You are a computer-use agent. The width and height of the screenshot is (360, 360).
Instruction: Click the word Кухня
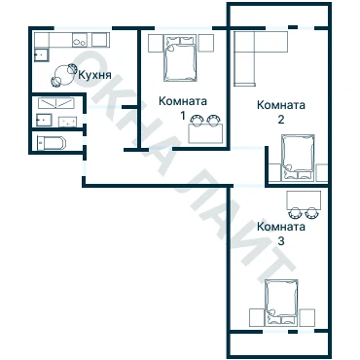point(94,75)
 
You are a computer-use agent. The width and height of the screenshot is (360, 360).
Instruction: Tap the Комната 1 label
point(183,107)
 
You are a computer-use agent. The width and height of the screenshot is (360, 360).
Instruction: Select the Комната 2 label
point(281,112)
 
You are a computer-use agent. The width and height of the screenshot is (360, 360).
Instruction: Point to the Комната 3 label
point(281,234)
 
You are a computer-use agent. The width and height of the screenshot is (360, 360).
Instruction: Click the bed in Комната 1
point(180,58)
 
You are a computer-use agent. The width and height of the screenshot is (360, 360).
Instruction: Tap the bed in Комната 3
point(281,303)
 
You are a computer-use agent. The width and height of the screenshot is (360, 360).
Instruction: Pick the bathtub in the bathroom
point(52,143)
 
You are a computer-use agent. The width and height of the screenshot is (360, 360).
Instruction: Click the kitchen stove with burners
point(80,40)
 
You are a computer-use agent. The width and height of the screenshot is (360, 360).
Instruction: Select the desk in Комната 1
point(205,133)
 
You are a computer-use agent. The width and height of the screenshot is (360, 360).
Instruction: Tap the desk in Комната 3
point(304,200)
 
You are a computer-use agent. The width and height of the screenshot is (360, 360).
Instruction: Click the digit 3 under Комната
point(281,241)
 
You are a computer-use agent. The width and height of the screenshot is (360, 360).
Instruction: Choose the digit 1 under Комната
point(183,116)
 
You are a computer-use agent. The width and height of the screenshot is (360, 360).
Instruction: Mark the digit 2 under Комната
point(281,120)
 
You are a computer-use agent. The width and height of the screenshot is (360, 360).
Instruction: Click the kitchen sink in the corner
point(42,55)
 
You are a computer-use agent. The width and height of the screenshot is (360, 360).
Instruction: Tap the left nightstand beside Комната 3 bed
point(257,317)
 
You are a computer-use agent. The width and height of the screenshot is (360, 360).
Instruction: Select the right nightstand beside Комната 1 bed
point(205,43)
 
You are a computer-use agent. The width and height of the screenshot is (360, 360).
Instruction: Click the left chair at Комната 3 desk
point(295,213)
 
